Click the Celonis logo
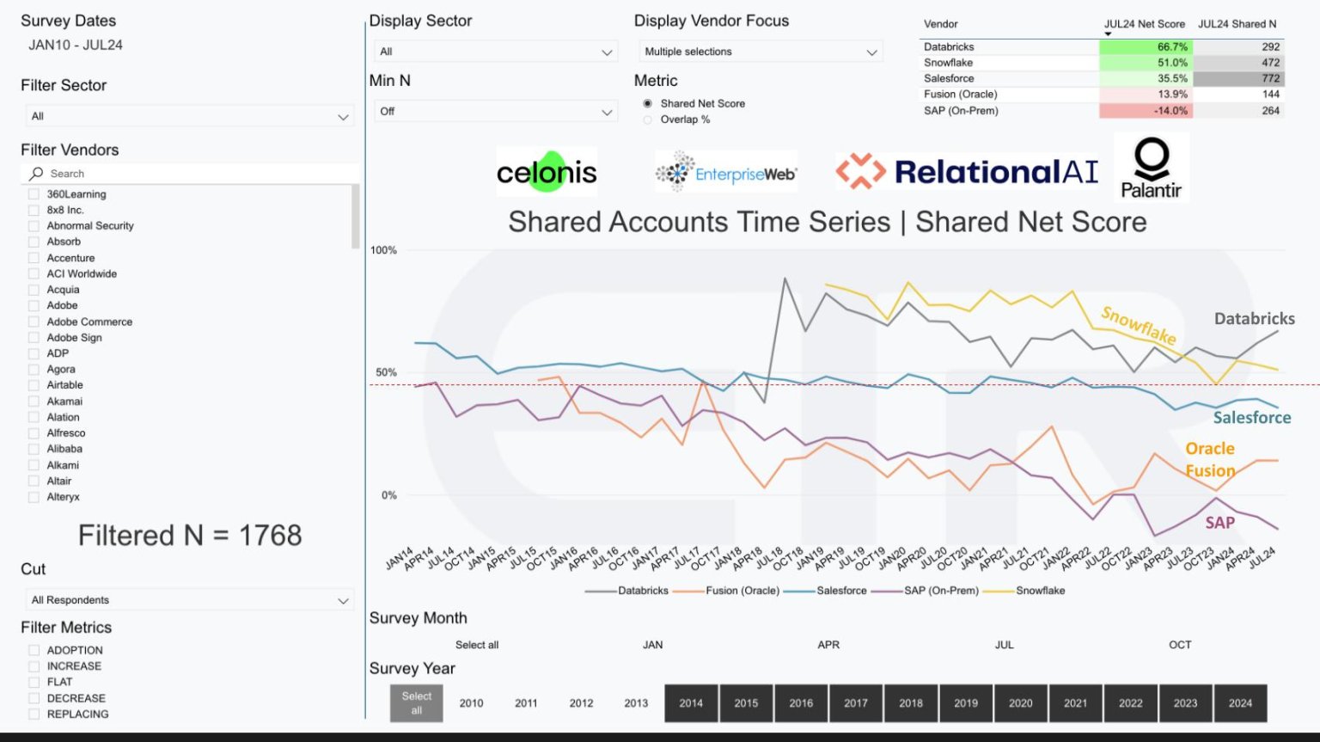(x=547, y=172)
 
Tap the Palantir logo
(x=1152, y=168)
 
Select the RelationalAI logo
(x=967, y=171)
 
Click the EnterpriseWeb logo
(x=726, y=172)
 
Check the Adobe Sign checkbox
(x=34, y=338)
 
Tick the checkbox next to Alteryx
(x=34, y=497)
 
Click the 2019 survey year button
(x=966, y=702)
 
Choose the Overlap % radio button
(x=648, y=120)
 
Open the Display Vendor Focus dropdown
(x=760, y=52)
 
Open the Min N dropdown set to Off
(x=495, y=112)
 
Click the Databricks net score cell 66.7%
(x=1145, y=47)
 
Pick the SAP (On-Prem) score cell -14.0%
(x=1145, y=111)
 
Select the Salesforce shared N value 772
(x=1238, y=78)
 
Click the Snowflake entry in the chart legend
(x=1039, y=591)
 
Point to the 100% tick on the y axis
(x=383, y=250)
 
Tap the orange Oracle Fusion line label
(x=1210, y=459)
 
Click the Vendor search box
(x=189, y=174)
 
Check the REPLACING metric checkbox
(x=34, y=714)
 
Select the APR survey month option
(x=828, y=645)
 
